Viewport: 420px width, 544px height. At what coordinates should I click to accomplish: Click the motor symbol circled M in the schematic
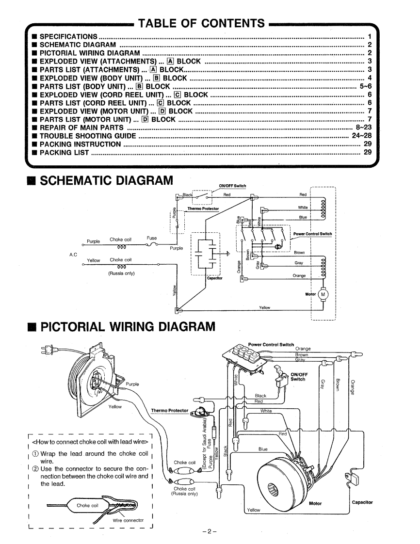tap(323, 295)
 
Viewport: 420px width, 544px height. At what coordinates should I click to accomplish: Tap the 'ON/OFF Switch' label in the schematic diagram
tap(232, 186)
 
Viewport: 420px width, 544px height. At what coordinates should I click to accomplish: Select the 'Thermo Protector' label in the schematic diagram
tap(203, 209)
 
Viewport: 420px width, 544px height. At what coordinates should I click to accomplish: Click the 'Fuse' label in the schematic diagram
tap(152, 239)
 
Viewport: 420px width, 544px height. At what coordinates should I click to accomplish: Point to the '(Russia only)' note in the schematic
tap(121, 273)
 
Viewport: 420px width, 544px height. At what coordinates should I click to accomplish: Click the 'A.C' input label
tap(73, 255)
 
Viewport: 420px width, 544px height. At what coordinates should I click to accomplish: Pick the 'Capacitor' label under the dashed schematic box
tap(214, 278)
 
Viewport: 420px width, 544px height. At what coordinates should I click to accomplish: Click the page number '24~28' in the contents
tap(362, 136)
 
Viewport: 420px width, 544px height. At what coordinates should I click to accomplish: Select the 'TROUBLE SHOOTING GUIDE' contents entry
tap(88, 136)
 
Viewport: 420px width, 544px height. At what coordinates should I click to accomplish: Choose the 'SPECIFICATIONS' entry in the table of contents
tap(68, 36)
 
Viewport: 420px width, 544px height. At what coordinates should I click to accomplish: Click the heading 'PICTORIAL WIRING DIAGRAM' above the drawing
tap(128, 327)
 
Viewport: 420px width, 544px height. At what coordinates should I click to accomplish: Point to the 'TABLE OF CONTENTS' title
tap(202, 23)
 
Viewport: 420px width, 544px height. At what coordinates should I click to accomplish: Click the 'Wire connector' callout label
tap(128, 520)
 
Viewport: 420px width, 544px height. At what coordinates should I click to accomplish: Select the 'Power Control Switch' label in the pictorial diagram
tap(271, 345)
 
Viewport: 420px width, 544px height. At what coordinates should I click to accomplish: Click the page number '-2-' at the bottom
tap(210, 531)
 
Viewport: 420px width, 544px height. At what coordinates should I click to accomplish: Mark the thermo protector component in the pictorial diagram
tap(200, 412)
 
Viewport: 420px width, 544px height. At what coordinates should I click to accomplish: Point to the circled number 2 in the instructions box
tap(35, 469)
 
